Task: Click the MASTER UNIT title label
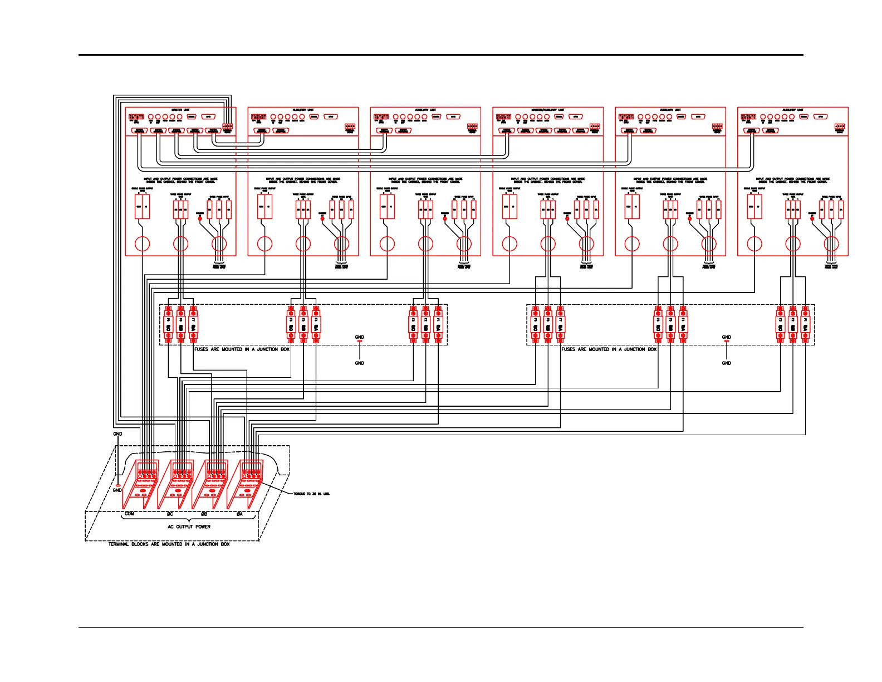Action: coord(180,110)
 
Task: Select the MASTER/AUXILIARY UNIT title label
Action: coord(548,110)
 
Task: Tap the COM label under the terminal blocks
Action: coord(130,514)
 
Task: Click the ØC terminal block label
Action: coord(170,514)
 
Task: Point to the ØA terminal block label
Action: coord(239,514)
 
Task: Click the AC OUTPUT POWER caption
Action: coord(189,527)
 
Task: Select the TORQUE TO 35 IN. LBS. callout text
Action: coord(311,494)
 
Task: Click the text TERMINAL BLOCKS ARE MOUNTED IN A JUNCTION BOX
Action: coord(169,544)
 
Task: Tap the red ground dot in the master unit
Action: coord(200,218)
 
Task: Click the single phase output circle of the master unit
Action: coord(143,243)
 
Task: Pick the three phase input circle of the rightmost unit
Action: coord(831,243)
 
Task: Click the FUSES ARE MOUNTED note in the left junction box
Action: coord(242,349)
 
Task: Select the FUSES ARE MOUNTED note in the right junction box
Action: coord(609,349)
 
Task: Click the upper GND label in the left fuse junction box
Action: coord(360,337)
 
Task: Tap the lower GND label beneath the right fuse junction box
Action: coord(727,363)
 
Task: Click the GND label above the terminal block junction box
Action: coord(117,434)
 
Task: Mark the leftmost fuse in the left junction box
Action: coord(168,324)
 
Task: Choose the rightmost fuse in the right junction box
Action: coord(805,324)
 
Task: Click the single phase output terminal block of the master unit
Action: coord(143,209)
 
